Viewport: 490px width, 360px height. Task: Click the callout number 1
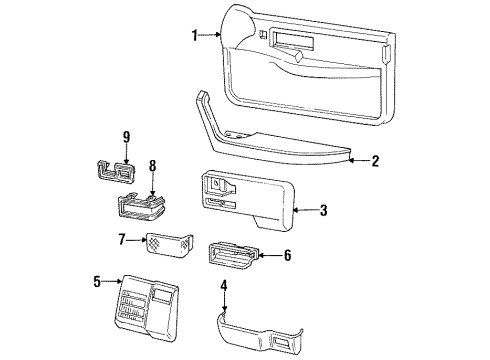[195, 36]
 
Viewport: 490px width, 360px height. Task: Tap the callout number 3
[323, 210]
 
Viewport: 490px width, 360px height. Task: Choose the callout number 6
[287, 255]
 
